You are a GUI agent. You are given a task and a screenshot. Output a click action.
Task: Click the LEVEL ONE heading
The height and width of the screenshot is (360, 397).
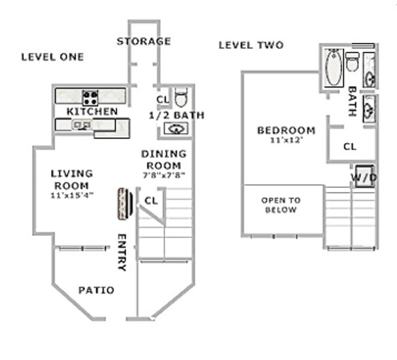click(52, 57)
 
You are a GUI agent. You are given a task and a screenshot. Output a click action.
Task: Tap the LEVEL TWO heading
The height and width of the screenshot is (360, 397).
click(251, 46)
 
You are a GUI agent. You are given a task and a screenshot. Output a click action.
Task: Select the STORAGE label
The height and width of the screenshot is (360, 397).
click(144, 42)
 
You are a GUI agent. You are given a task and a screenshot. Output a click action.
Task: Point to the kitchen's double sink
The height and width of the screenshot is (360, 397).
click(83, 125)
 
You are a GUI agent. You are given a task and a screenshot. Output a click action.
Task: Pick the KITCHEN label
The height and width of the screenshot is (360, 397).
click(92, 111)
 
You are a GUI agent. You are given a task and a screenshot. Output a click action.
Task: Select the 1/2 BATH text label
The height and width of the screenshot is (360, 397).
click(176, 115)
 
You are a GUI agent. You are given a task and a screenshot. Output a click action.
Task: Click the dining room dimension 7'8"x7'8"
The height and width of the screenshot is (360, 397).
click(163, 175)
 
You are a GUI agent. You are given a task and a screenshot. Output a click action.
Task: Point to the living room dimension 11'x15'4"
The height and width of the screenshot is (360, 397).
click(72, 195)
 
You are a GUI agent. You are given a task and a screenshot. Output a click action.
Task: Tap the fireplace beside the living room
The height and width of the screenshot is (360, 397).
click(124, 203)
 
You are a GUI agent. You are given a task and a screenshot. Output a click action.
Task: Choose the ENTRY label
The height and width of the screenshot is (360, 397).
click(123, 252)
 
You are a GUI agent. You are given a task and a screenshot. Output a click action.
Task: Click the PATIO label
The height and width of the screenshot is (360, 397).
click(96, 291)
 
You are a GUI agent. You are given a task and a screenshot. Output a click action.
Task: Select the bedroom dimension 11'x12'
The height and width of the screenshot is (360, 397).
click(285, 141)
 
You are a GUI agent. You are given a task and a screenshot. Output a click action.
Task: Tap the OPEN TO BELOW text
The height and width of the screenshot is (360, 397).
click(281, 205)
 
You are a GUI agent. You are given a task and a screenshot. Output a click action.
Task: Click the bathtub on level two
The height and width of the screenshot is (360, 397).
click(334, 69)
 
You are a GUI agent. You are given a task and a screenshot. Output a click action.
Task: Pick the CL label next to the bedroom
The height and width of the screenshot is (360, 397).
click(349, 146)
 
